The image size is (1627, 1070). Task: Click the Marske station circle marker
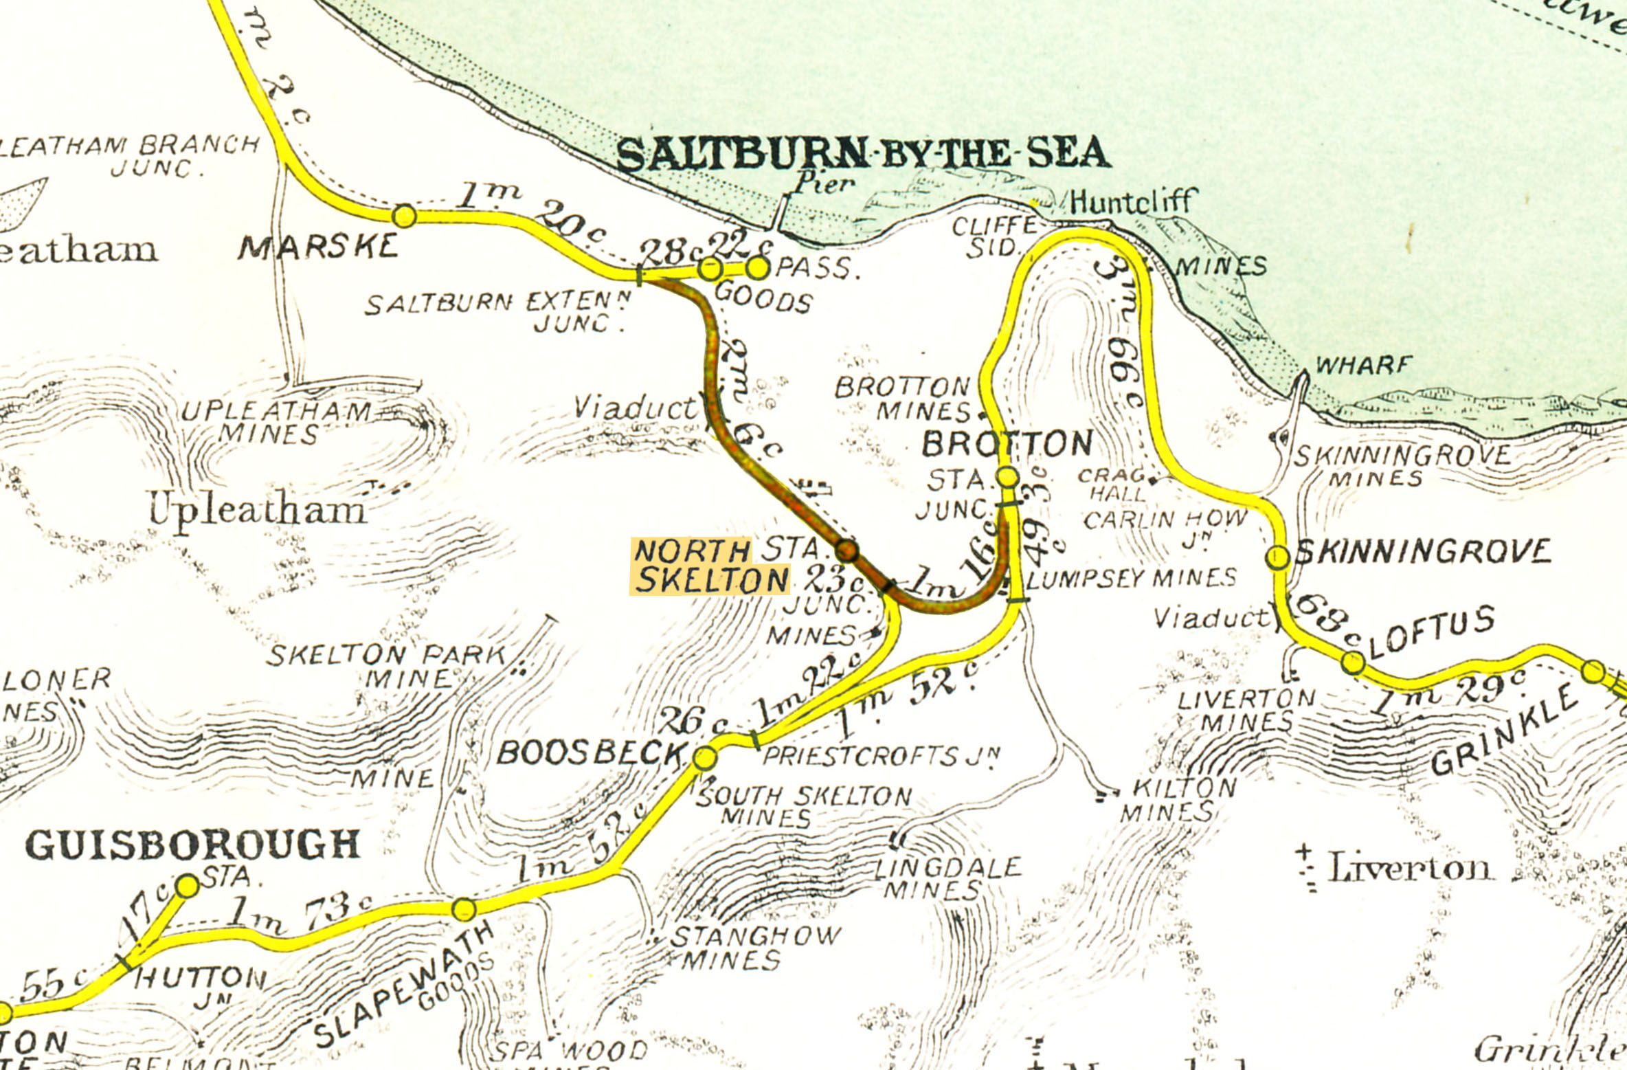(404, 216)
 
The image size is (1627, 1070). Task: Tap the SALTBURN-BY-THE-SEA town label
(862, 154)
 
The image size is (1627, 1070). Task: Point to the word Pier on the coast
(824, 183)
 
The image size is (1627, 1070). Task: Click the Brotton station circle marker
(1007, 476)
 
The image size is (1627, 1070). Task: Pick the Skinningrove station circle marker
(1278, 557)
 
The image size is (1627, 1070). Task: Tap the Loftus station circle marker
(1353, 662)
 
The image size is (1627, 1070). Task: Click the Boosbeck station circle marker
(705, 758)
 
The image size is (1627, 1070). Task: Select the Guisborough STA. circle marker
(188, 886)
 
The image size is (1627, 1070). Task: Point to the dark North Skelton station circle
(847, 550)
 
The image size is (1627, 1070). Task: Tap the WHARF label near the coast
(1363, 365)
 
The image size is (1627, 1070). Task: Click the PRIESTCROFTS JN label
(882, 757)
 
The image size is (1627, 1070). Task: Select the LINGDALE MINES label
(948, 878)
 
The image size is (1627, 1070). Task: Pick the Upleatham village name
(258, 510)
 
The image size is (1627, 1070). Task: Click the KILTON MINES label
(1178, 799)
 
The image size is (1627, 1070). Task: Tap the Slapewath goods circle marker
(464, 909)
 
